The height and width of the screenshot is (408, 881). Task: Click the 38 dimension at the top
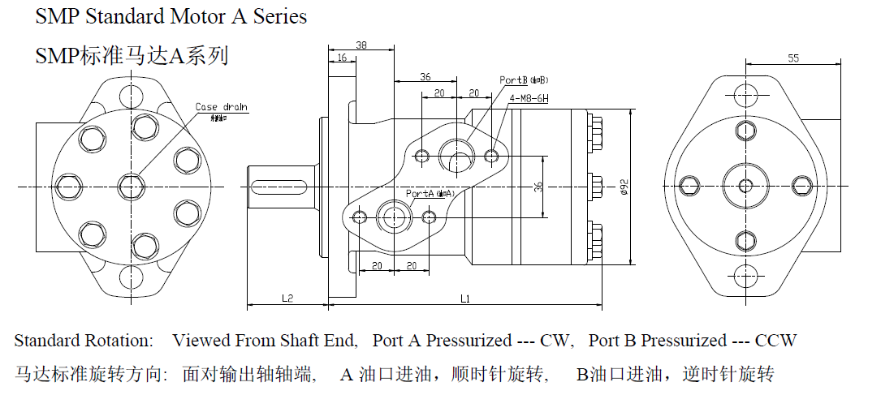[361, 46]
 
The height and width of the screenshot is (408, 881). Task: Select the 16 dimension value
[342, 58]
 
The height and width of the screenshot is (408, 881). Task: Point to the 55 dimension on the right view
[793, 58]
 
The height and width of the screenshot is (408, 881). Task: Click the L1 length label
[465, 298]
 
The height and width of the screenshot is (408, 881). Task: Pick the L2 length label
[287, 298]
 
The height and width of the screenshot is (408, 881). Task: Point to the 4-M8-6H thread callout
[529, 99]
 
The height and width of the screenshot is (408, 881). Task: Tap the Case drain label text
[221, 107]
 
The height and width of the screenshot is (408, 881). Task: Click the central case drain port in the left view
[130, 187]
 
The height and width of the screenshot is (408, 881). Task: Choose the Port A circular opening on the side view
[395, 217]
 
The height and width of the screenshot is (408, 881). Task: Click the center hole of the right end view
[745, 186]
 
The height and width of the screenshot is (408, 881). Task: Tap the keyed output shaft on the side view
[280, 187]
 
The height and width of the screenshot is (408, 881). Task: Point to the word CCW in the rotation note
[776, 341]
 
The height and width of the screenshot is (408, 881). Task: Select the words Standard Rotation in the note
[84, 341]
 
